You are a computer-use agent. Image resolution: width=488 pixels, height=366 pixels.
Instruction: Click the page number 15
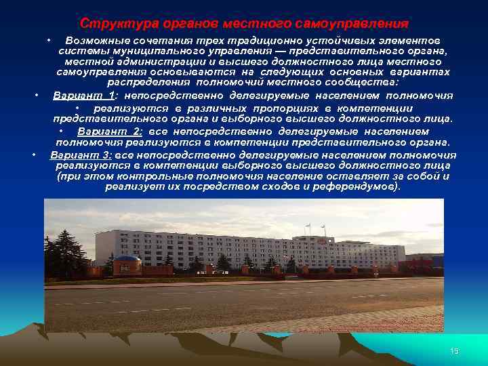point(454,350)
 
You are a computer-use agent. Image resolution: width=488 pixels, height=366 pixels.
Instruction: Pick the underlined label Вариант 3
point(81,155)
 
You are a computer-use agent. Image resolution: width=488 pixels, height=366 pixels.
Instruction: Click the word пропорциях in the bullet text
point(285,108)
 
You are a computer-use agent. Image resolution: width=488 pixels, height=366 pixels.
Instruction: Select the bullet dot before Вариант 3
point(33,155)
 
